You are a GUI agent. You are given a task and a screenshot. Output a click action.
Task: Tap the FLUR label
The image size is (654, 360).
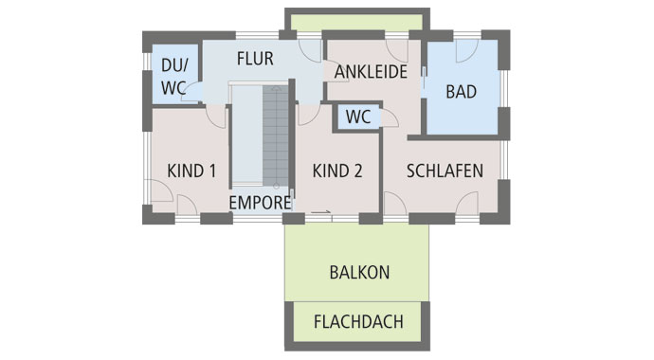tap(255, 59)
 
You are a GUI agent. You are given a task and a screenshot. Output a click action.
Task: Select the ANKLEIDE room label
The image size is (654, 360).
tap(372, 72)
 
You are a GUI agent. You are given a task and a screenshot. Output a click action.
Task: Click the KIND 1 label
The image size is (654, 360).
tap(191, 171)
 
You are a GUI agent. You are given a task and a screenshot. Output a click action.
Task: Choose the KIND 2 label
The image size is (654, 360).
tap(337, 171)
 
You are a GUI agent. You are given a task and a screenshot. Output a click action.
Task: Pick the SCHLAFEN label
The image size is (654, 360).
tap(445, 171)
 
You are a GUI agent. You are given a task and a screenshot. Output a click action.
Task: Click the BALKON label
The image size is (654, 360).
tap(359, 272)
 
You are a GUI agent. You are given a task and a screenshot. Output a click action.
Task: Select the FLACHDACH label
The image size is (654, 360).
tap(358, 321)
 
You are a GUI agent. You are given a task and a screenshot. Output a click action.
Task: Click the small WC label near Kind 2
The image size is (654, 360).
tap(357, 117)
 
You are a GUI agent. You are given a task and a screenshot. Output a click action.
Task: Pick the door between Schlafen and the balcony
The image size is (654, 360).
tap(465, 203)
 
